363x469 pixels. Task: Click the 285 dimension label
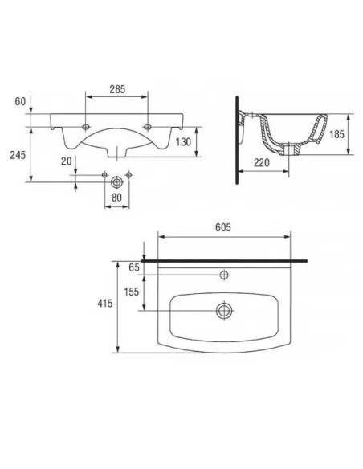117,89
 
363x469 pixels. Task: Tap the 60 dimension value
20,101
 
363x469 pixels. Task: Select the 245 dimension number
18,155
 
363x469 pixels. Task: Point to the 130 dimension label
183,141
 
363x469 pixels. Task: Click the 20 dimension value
67,161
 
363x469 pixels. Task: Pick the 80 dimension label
116,198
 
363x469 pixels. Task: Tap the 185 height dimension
336,134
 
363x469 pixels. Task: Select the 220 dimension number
262,163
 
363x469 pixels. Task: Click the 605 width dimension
223,227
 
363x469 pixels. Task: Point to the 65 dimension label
134,267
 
